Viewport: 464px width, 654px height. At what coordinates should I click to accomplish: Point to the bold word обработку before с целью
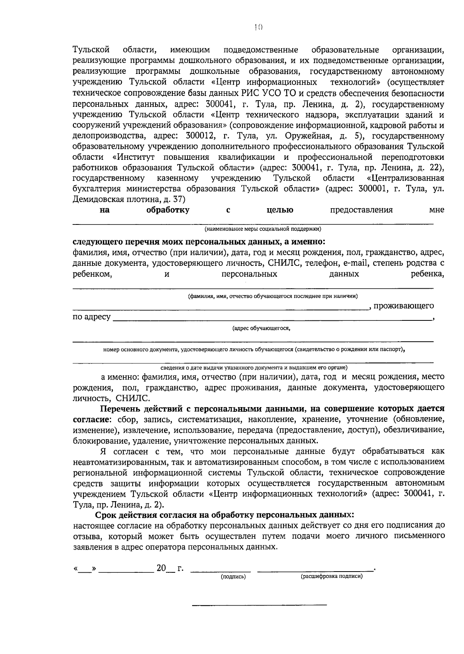(x=168, y=210)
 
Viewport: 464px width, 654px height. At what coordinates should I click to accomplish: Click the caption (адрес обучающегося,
(x=261, y=329)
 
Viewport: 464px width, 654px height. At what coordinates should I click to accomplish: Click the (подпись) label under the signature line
(x=233, y=577)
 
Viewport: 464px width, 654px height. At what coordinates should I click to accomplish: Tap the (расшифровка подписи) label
(x=331, y=576)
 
